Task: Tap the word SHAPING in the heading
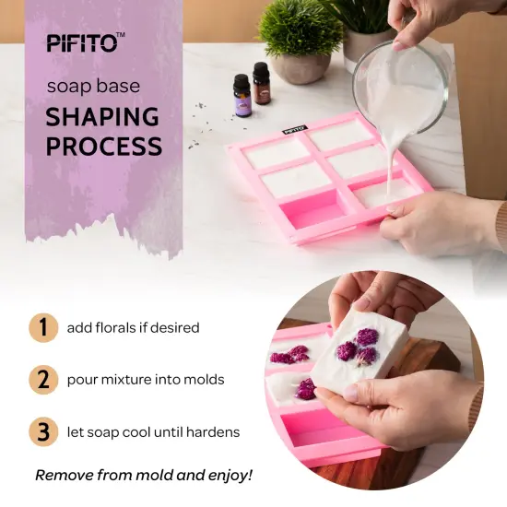[102, 117]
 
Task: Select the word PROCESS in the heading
[104, 146]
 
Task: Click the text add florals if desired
[133, 328]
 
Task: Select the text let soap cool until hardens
[153, 432]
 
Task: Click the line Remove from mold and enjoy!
[144, 476]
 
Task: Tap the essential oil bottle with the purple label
[242, 95]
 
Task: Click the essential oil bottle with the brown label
[262, 85]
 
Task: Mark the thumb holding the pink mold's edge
[399, 210]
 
